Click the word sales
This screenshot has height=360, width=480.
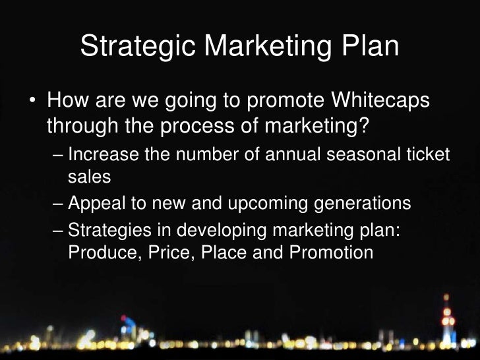tap(89, 176)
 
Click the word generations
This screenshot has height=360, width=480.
tap(359, 204)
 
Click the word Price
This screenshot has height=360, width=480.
tap(159, 253)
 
